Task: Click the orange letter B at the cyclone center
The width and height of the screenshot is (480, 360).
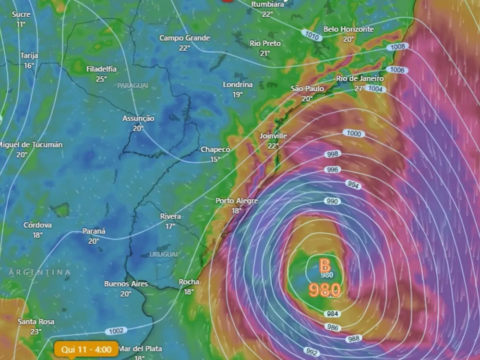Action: tap(325, 264)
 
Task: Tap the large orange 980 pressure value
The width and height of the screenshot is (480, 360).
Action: tap(325, 290)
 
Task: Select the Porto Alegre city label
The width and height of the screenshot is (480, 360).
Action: tap(237, 201)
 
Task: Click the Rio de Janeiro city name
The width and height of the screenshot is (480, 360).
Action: tap(360, 78)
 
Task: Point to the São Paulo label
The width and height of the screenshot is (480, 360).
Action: tap(307, 89)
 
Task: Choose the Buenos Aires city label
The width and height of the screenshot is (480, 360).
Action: tap(126, 284)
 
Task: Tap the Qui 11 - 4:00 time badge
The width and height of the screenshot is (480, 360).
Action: tap(86, 349)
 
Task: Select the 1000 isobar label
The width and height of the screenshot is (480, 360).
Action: tap(354, 133)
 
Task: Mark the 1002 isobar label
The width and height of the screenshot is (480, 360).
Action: tap(116, 331)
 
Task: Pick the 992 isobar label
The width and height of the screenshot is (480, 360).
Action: tap(312, 351)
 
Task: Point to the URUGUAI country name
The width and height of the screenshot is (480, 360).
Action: tap(163, 254)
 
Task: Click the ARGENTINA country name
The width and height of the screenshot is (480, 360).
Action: tap(39, 272)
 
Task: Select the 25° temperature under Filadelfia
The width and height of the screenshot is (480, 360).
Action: tap(101, 79)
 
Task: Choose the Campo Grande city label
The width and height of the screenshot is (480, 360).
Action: tap(184, 38)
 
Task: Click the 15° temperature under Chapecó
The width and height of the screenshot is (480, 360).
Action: tap(215, 159)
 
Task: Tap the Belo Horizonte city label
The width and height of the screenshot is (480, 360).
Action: tap(348, 29)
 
